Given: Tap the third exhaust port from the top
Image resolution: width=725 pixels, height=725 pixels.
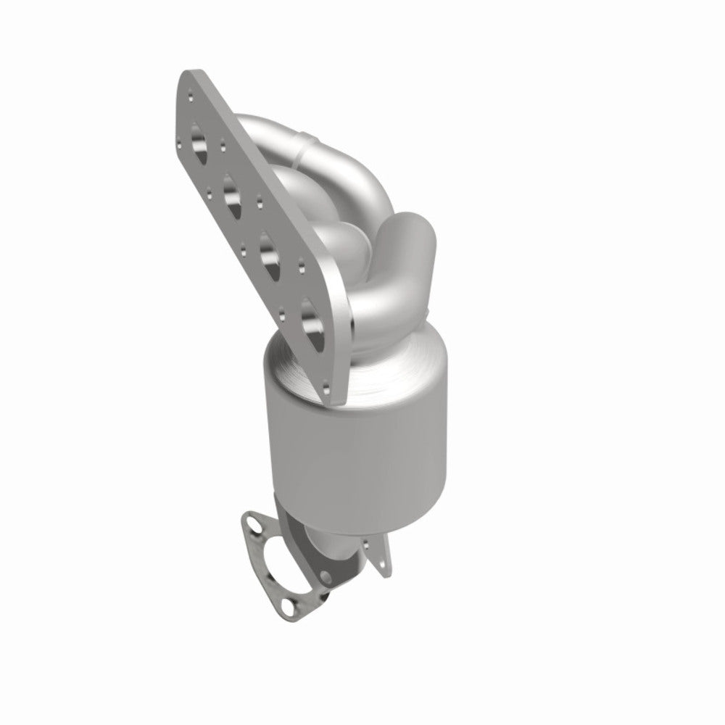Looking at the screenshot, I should (x=270, y=258).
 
